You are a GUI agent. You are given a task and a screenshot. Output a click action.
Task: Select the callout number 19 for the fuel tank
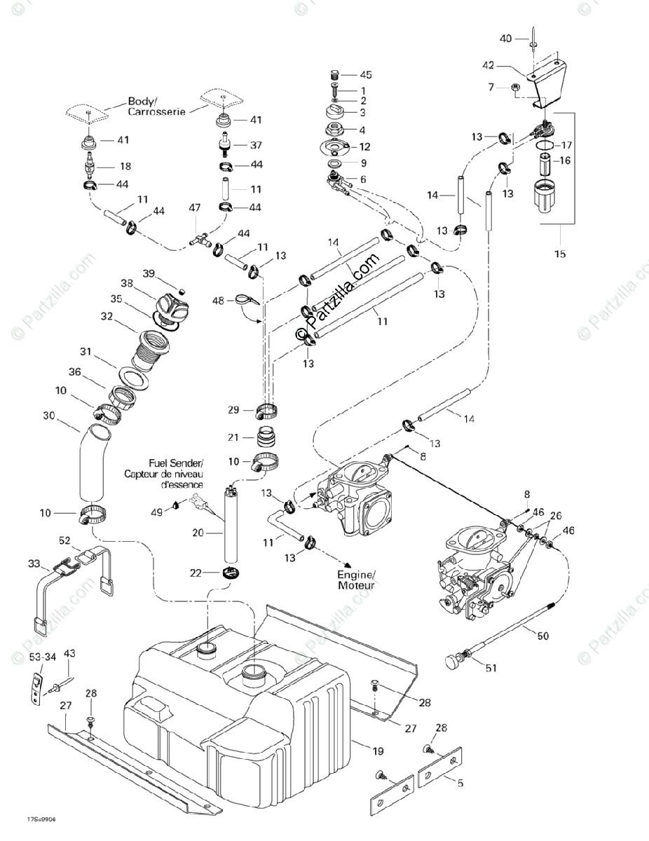pos(378,752)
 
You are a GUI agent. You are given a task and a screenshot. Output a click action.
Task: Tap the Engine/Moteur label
pos(357,579)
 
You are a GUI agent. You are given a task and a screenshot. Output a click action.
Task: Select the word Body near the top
pos(140,100)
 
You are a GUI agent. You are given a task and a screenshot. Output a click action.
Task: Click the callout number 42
pos(489,65)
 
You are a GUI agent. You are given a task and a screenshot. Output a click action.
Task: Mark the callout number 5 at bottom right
pos(460,784)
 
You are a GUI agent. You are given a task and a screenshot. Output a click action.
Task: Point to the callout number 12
pos(365,147)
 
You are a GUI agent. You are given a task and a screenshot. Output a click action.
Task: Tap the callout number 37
pos(257,146)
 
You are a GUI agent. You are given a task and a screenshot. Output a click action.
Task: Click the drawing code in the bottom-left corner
pos(37,820)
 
